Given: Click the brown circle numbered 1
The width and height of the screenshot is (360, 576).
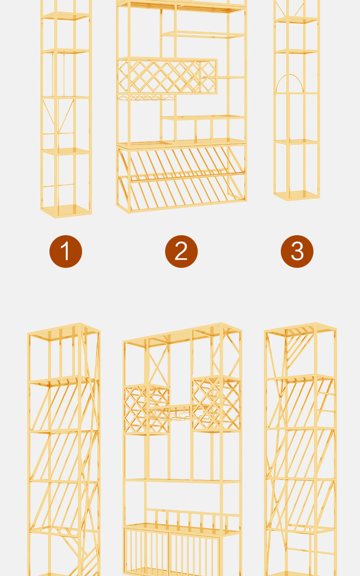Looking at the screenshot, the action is (66, 251).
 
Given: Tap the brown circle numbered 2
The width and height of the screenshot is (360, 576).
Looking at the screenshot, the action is (181, 251).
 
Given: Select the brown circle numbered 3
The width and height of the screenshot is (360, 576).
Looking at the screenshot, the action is (297, 251).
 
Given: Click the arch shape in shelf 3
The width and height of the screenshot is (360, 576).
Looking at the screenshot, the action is (289, 75).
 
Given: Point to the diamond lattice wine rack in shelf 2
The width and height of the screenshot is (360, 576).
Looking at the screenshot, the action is (167, 76).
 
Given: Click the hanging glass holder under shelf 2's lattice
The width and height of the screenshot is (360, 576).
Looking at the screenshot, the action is (146, 97).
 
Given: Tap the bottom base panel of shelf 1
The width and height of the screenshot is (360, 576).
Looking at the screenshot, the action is (66, 211).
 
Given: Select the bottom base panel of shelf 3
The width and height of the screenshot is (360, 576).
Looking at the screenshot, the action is (297, 195).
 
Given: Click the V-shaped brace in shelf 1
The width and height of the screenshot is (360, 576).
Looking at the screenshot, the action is (59, 116).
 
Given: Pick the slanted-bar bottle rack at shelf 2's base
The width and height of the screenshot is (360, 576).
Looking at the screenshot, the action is (181, 178).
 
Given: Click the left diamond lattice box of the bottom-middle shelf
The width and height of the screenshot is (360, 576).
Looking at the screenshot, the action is (146, 409).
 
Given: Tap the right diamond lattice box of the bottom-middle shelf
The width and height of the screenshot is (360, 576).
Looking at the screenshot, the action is (216, 404).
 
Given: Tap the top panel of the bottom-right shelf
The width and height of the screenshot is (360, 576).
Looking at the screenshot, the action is (300, 330).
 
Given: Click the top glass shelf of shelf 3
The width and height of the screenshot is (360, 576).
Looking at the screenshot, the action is (296, 20).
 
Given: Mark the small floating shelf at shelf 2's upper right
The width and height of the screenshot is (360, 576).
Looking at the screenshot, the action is (203, 35).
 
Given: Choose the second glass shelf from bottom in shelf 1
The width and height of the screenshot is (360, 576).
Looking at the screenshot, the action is (66, 151).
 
